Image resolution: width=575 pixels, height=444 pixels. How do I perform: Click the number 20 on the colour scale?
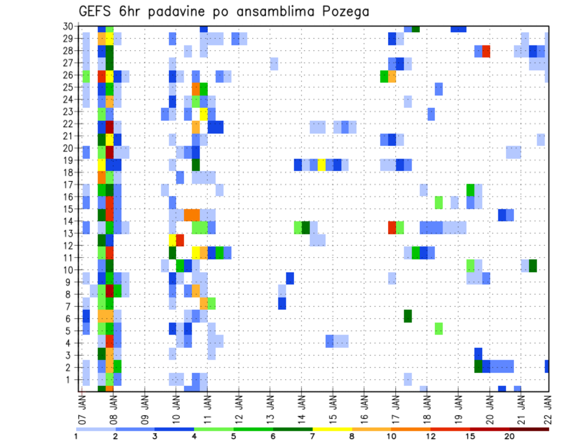pyautogui.click(x=510, y=436)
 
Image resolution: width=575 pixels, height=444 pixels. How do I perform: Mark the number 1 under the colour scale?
pyautogui.click(x=76, y=436)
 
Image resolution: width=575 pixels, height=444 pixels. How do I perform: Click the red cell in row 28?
pyautogui.click(x=486, y=51)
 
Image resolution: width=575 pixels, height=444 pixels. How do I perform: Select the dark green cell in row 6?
pyautogui.click(x=408, y=315)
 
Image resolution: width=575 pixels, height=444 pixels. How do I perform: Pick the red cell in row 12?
pyautogui.click(x=180, y=239)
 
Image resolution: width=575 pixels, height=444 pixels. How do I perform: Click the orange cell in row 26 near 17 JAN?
pyautogui.click(x=392, y=76)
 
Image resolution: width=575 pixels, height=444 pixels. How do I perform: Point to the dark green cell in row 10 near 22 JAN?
pyautogui.click(x=532, y=265)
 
